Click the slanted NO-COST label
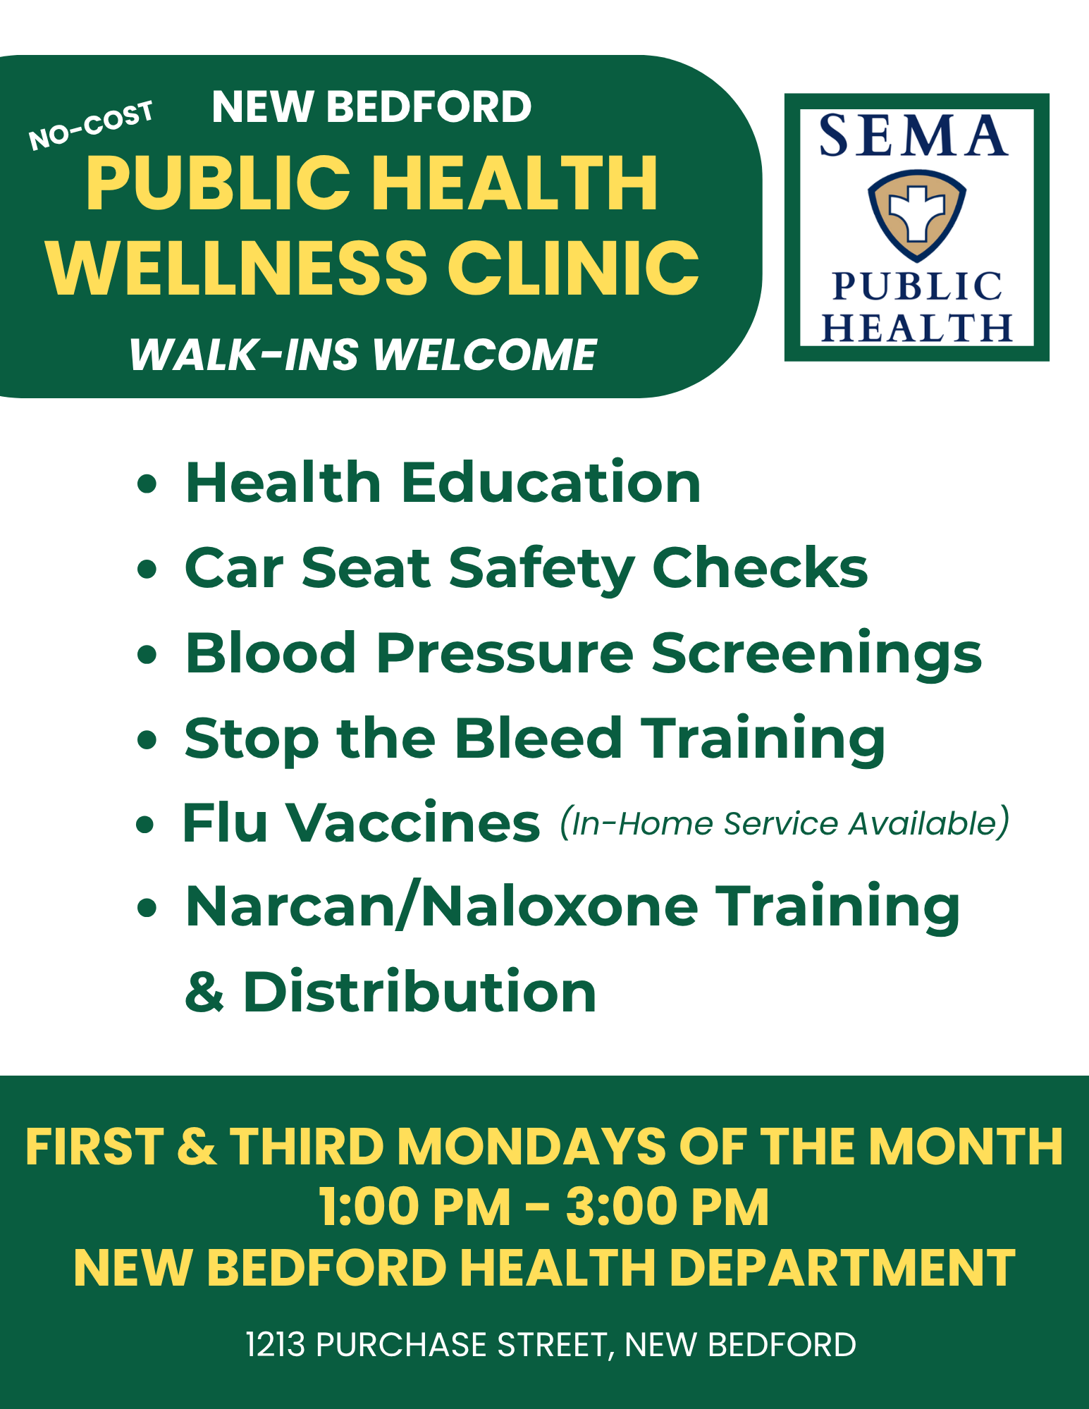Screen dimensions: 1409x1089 [90, 125]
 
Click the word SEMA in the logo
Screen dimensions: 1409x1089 [914, 135]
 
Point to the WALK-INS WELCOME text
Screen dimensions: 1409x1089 [363, 354]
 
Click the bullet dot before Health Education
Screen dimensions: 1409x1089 [146, 485]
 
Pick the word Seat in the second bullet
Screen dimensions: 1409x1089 [366, 568]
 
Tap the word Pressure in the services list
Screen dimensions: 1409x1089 [505, 653]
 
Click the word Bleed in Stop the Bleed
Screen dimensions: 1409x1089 [538, 738]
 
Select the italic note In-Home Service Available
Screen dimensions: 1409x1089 [785, 823]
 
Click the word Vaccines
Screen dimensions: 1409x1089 [413, 823]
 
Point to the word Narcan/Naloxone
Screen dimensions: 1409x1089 [442, 907]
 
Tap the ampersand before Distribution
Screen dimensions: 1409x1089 [204, 992]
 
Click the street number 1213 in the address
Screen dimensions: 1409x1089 [275, 1344]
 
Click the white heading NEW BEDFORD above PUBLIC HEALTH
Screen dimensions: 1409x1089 [371, 107]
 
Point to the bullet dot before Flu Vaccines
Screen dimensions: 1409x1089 [144, 824]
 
